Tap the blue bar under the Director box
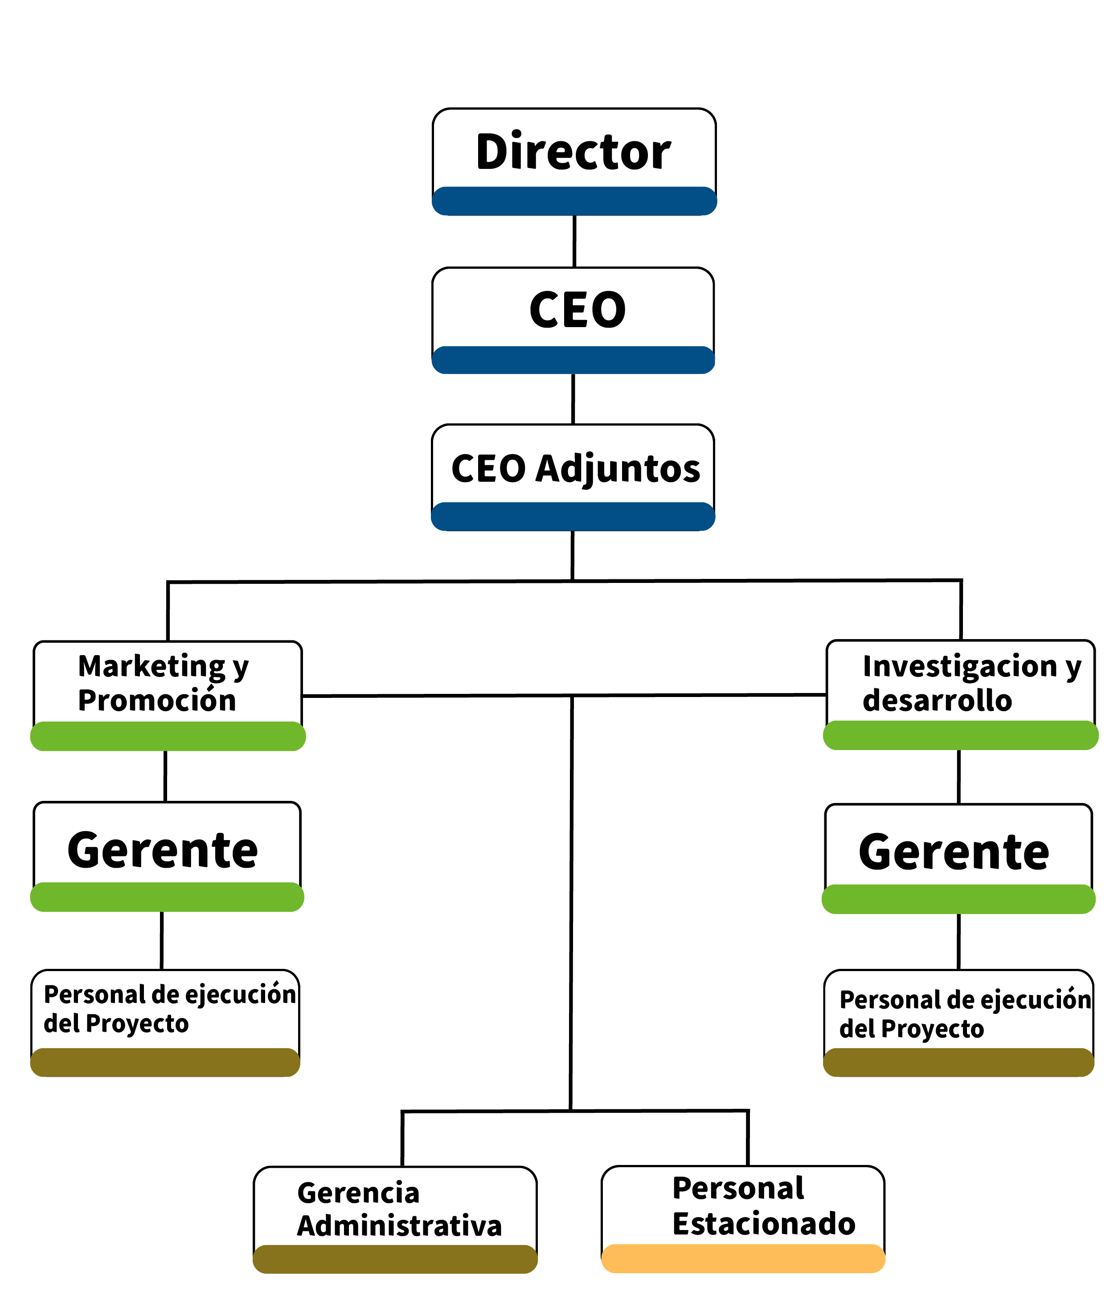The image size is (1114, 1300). [x=574, y=201]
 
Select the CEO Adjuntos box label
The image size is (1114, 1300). [x=575, y=469]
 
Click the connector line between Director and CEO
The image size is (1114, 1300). [x=574, y=241]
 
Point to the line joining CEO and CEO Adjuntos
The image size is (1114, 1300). [x=573, y=399]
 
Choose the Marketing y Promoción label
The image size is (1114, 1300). [x=163, y=683]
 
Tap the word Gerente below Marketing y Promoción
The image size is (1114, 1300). [x=163, y=850]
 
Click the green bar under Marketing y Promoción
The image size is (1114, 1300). [x=168, y=736]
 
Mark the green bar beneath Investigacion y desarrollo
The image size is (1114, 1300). [x=960, y=735]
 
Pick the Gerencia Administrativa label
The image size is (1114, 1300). [x=399, y=1209]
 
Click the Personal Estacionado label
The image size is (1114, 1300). [x=763, y=1206]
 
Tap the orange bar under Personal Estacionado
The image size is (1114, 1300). [x=743, y=1259]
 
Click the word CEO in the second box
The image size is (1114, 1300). [x=577, y=310]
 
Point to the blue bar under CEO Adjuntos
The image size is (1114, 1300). [x=573, y=517]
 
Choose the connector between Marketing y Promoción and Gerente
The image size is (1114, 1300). [x=165, y=775]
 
